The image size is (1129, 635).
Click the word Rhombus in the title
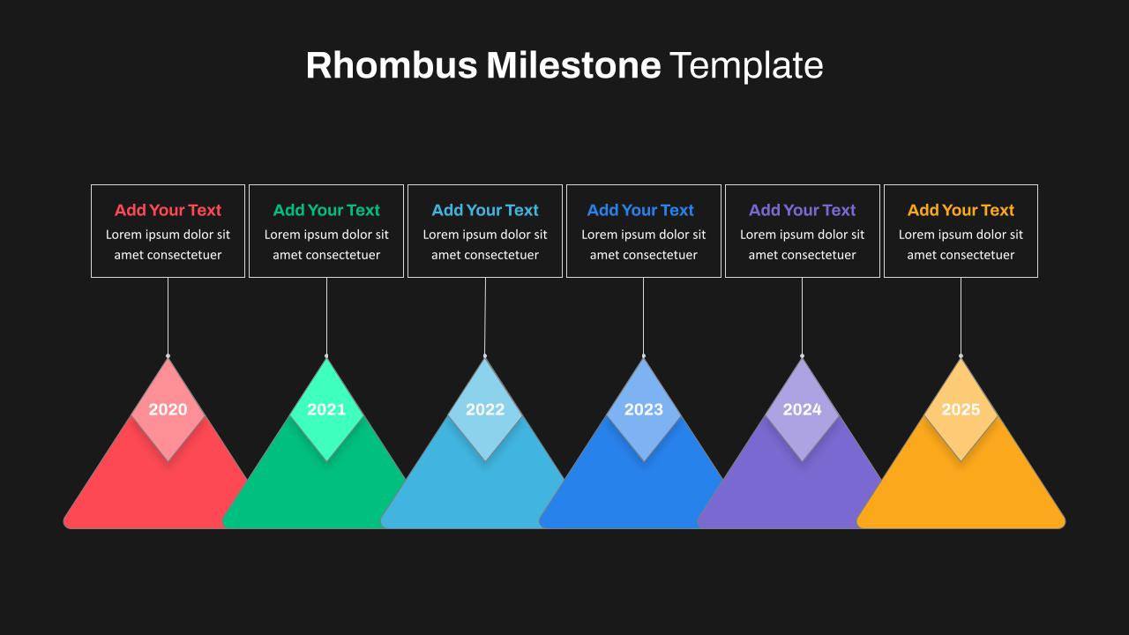tap(392, 65)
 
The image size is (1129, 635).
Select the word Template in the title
tap(746, 65)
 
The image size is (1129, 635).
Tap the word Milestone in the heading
tap(573, 65)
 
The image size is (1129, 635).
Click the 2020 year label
tap(168, 409)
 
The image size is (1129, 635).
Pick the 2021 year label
tap(326, 409)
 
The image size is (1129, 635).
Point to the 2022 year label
tap(485, 409)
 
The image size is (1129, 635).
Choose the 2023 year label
tap(644, 409)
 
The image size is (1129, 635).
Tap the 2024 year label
tap(802, 409)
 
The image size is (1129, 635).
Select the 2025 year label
tap(961, 409)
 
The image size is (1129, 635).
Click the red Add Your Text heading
tap(168, 210)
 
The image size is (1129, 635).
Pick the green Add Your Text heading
tap(326, 210)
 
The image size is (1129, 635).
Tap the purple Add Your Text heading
tap(802, 210)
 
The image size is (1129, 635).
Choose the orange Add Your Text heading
tap(961, 210)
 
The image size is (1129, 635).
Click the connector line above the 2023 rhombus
tap(643, 316)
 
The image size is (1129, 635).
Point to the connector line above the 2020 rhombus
tap(168, 316)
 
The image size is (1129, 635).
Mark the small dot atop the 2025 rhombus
tap(961, 356)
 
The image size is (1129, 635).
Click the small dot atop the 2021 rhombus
tap(326, 356)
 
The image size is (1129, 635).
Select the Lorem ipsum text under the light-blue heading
tap(485, 245)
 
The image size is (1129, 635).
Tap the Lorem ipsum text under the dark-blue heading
tap(644, 245)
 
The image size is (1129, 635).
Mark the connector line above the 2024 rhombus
tap(802, 316)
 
